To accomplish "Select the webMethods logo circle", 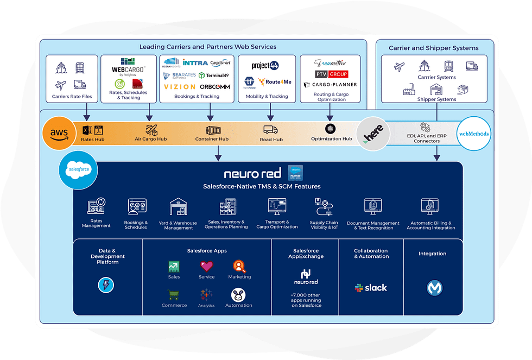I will point(473,134).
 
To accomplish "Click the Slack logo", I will point(371,288).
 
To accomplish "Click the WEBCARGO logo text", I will point(128,70).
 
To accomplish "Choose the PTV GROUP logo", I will point(331,74).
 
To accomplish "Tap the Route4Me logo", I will point(276,83).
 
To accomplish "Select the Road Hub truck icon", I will point(270,130).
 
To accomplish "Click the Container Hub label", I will point(212,140).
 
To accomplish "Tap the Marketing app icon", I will point(239,266).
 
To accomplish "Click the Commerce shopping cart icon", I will point(174,295).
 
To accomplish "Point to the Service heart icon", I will point(206,266).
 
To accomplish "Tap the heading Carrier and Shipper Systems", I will point(433,48).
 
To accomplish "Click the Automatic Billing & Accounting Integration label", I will point(431,225).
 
